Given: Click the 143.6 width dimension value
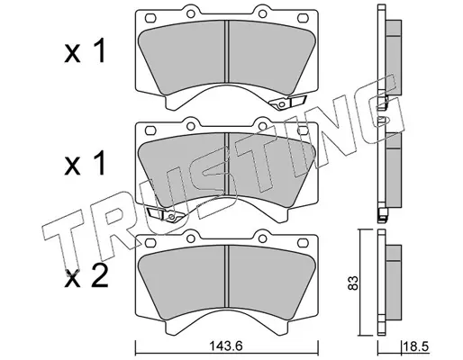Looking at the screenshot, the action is click(225, 347).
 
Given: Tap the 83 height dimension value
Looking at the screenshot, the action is click(353, 283).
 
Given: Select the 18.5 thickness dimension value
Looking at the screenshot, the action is click(417, 347).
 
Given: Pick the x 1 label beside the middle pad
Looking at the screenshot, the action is click(85, 163).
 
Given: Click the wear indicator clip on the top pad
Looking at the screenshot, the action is click(287, 102).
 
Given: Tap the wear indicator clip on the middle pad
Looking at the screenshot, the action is click(166, 214).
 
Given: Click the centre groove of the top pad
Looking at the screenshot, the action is click(227, 51).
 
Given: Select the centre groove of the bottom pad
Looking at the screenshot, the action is click(227, 276).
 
